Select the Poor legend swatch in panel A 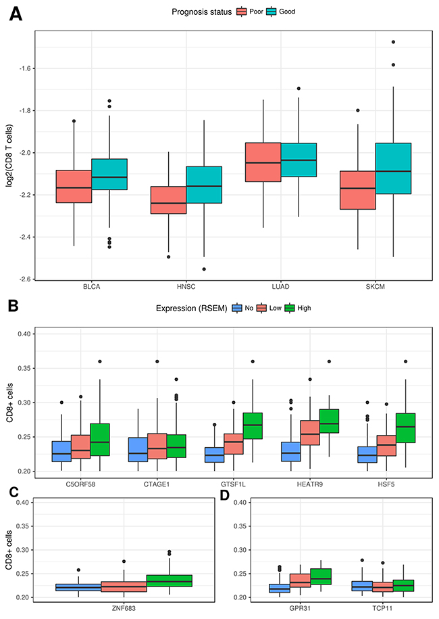point(241,12)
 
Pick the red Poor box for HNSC point(169,200)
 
